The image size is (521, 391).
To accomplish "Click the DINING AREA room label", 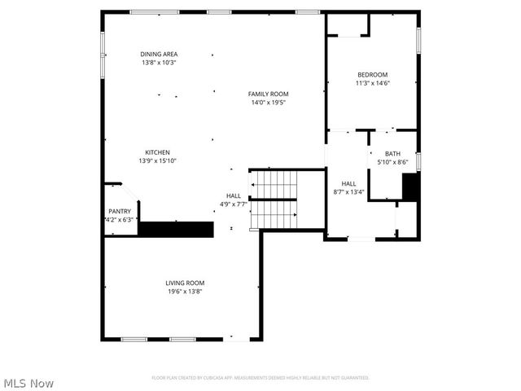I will [159, 54].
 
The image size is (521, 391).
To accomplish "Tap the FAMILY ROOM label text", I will [269, 94].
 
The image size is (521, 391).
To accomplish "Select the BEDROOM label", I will [372, 74].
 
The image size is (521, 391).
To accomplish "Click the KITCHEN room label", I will [158, 152].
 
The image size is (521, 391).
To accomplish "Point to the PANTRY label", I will [120, 211].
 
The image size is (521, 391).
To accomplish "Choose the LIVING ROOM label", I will [185, 283].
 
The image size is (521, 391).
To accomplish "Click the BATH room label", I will [393, 154].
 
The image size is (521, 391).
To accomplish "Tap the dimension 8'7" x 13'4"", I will [348, 192].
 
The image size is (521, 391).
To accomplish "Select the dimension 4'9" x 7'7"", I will [234, 204].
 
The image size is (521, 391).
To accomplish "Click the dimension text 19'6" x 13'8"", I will [185, 291].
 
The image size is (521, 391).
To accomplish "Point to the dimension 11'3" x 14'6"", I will [372, 82].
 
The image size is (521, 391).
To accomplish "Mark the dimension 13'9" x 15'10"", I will [158, 161].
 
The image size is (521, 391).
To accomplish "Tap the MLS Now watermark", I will [29, 383].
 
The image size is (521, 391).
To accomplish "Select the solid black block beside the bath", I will [411, 187].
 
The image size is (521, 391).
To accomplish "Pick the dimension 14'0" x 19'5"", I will [269, 103].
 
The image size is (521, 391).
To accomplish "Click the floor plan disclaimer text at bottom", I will [260, 378].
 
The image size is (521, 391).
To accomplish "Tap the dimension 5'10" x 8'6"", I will [393, 162].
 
